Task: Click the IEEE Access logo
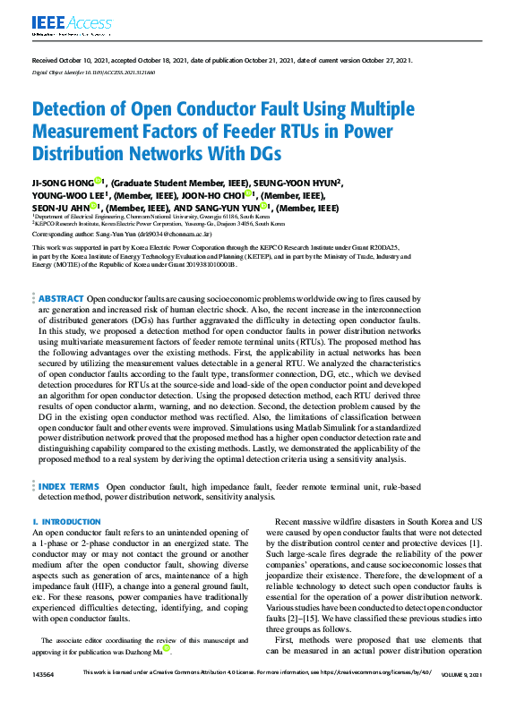click(62, 22)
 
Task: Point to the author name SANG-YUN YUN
click(236, 207)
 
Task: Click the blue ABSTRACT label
click(60, 297)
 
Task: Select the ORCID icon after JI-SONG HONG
click(103, 182)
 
